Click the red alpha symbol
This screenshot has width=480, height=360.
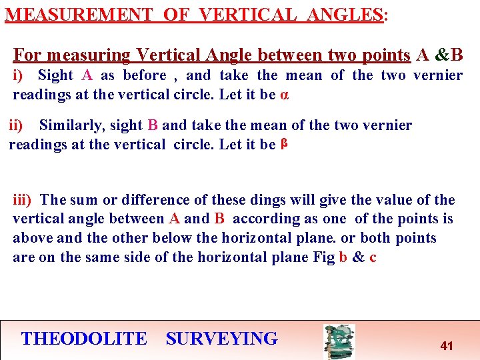(285, 94)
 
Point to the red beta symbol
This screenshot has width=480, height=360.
(283, 143)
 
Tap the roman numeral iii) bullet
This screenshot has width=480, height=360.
(23, 199)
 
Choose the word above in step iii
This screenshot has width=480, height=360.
(32, 238)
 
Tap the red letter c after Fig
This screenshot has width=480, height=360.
(373, 258)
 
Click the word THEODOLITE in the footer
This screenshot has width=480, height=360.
(84, 339)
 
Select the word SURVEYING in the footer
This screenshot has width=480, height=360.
(221, 339)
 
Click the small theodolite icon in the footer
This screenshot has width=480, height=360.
(339, 341)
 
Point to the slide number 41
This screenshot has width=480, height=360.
(447, 346)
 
